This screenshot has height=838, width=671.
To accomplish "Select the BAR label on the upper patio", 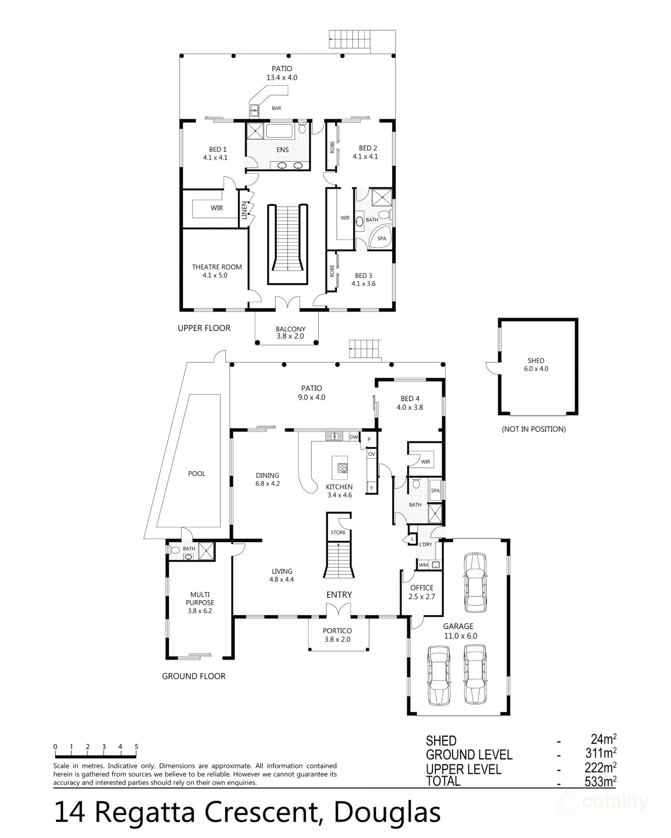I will [276, 108].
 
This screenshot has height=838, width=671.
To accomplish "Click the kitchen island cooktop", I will [342, 468].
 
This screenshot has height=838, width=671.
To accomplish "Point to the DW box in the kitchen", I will [354, 437].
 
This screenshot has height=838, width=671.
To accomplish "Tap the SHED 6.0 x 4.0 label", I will [536, 365].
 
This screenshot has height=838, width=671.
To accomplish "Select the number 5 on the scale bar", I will [136, 746].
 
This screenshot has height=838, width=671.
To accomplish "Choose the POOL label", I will [196, 473].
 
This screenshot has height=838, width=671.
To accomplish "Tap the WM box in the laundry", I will [423, 565].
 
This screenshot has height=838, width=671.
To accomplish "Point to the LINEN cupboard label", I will [244, 210].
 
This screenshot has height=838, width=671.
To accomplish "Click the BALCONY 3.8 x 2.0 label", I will [290, 332].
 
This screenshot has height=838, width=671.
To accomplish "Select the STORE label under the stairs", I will [338, 532].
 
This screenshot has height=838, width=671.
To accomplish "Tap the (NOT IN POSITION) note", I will [533, 429].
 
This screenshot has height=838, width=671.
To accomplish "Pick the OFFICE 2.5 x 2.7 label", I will [422, 592].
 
